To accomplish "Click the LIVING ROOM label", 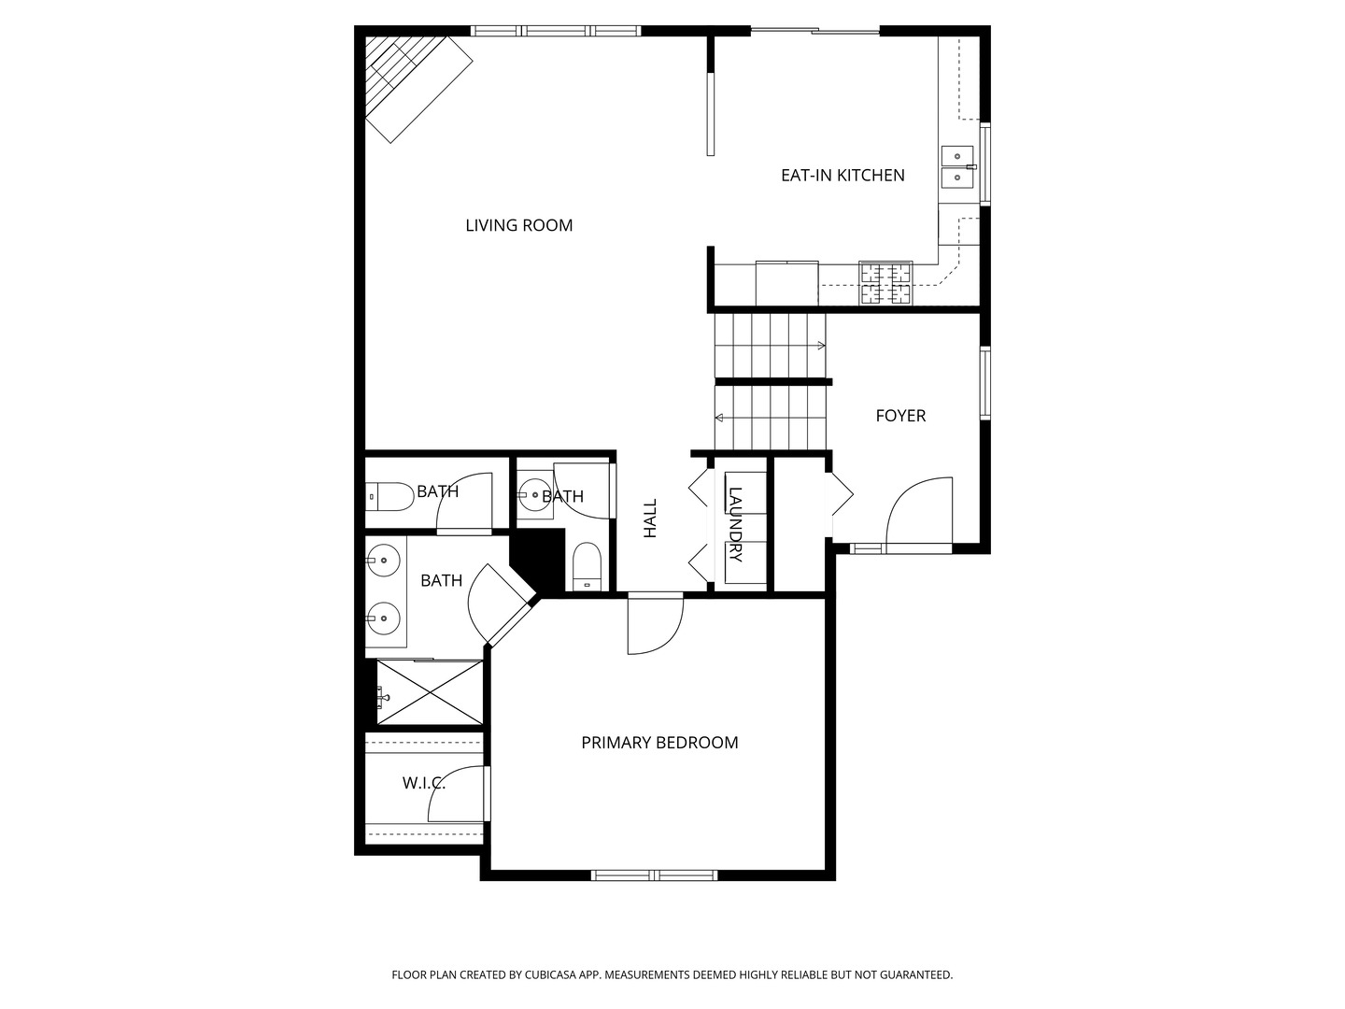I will click(x=518, y=225).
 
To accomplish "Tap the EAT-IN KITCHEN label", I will click(x=842, y=175).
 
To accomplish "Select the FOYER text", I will click(x=900, y=416).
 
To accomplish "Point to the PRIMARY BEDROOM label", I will click(x=659, y=743).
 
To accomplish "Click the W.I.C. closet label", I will click(x=423, y=783).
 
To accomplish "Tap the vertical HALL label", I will click(x=650, y=518).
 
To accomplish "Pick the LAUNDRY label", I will click(x=735, y=524).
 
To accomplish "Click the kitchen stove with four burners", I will click(x=885, y=283).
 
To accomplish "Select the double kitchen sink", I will click(x=957, y=166).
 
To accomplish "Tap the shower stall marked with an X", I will click(x=431, y=691).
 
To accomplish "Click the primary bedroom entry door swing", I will click(x=656, y=624).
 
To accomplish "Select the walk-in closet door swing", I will click(x=459, y=794).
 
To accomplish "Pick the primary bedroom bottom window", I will click(x=654, y=875).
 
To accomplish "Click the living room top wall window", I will click(x=556, y=31).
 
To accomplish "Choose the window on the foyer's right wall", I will click(x=984, y=383).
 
